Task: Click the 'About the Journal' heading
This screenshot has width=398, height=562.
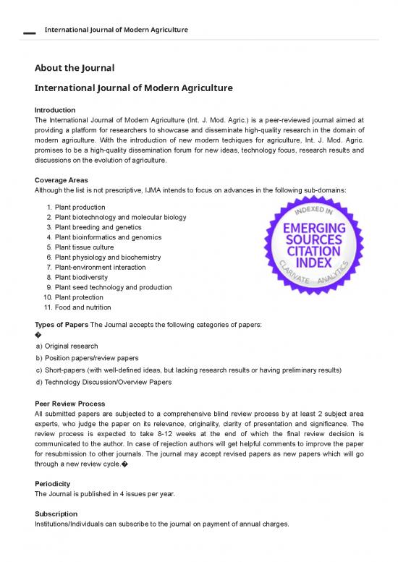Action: point(75,68)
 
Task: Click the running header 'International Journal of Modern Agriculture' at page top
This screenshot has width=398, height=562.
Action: point(117,30)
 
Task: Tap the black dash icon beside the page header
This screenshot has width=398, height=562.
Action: point(28,33)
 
